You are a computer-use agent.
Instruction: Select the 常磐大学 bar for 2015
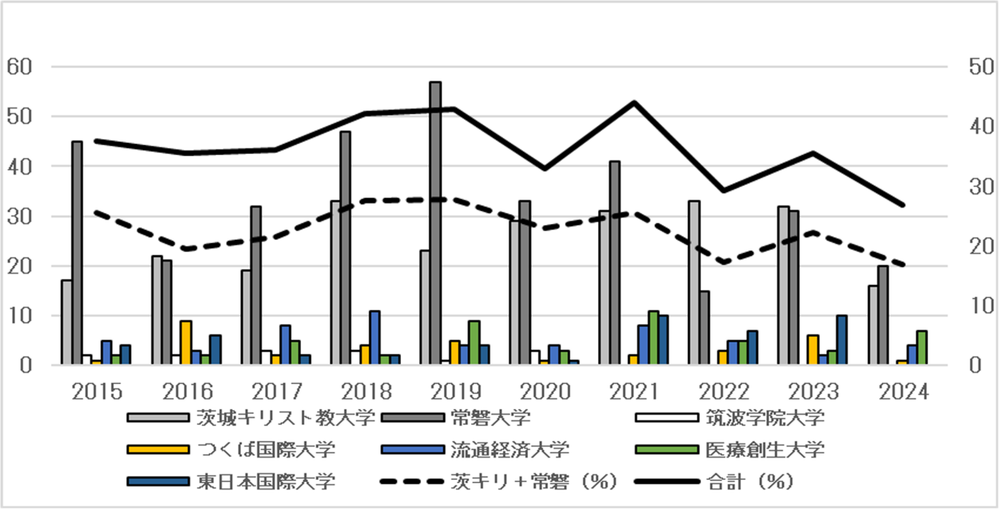pyautogui.click(x=77, y=253)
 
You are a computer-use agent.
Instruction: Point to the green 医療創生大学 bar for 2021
pyautogui.click(x=653, y=338)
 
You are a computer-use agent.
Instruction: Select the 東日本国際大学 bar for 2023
pyautogui.click(x=842, y=340)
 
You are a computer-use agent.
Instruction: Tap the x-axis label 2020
pyautogui.click(x=545, y=392)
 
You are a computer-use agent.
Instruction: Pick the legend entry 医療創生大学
pyautogui.click(x=765, y=449)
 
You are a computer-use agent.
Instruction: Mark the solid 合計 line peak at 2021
pyautogui.click(x=634, y=103)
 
